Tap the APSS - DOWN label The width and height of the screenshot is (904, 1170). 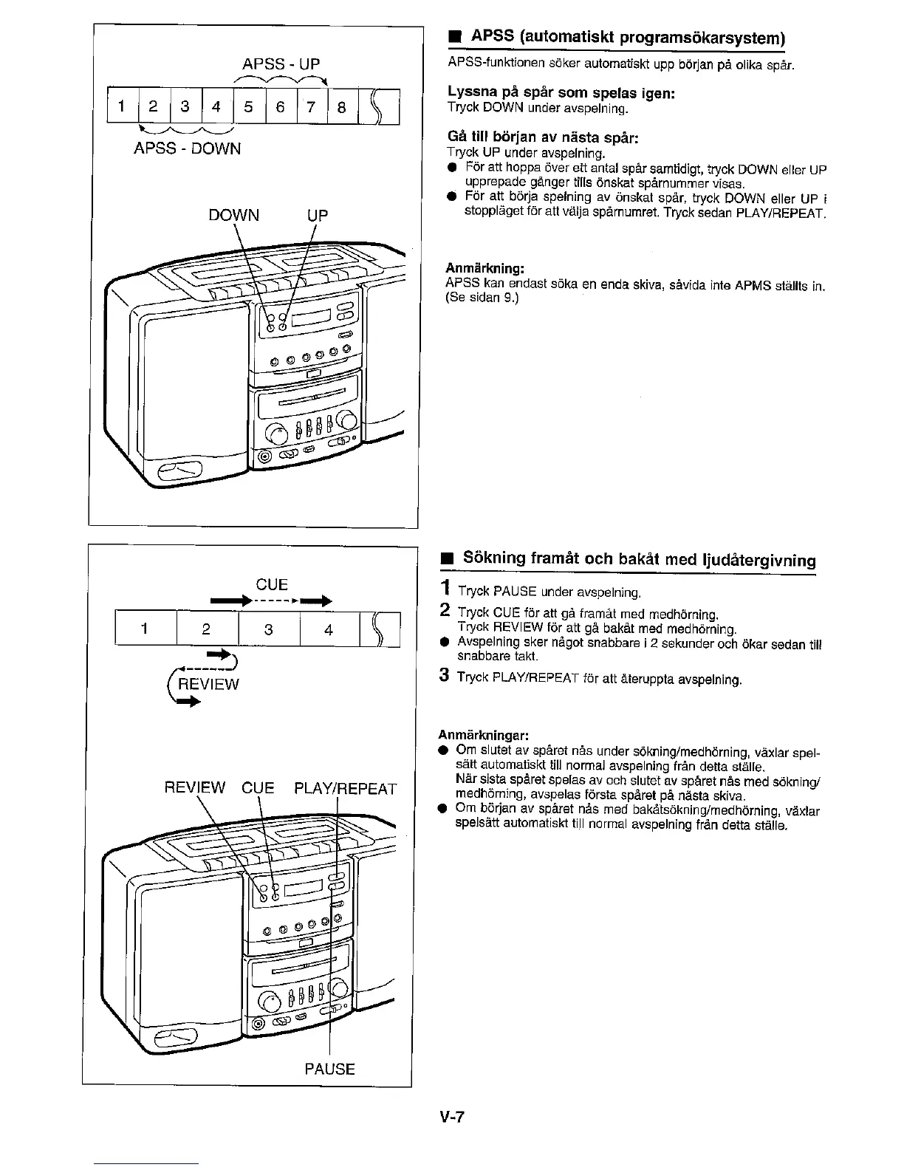coord(187,148)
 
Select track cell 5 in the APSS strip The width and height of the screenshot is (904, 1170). coord(248,107)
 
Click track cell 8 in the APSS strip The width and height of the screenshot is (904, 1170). coord(341,107)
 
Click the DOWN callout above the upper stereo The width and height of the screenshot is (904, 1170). coord(233,216)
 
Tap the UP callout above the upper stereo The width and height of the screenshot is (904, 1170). coord(317,216)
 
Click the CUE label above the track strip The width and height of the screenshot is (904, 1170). coord(271,585)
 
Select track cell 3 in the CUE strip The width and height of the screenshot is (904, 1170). coord(269,630)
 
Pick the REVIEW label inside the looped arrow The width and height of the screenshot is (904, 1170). coord(211,684)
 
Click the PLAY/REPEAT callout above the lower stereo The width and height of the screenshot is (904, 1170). coord(345,789)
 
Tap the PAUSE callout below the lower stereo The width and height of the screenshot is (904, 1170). coord(330,1069)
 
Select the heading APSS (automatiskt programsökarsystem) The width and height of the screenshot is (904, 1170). coord(627,38)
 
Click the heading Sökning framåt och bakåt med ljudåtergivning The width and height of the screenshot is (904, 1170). coord(639,559)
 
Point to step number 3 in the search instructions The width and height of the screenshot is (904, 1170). coord(444,676)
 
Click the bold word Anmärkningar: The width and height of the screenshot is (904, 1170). coord(483,735)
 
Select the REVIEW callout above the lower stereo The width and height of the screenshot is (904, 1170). coord(195,789)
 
